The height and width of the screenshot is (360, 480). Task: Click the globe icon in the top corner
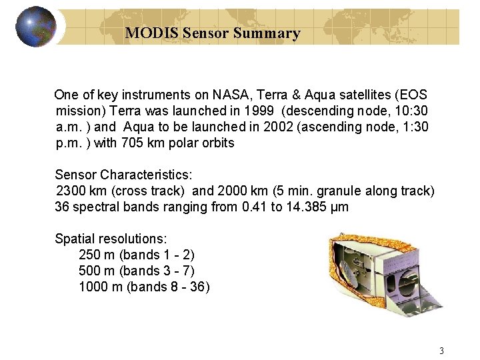[35, 27]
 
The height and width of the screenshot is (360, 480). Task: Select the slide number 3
[441, 351]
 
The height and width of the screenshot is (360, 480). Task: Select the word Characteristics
[145, 175]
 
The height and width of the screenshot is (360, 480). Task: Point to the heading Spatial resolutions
[111, 239]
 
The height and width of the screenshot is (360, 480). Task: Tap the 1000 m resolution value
[101, 287]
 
